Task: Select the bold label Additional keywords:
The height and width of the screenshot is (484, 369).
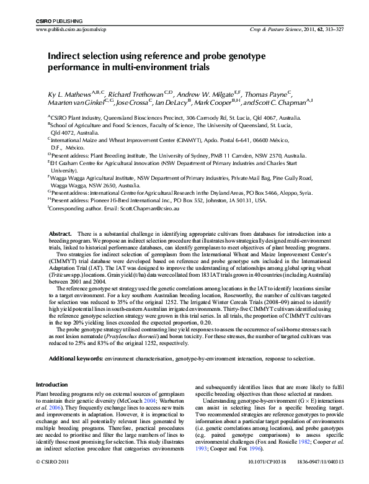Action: [x=76, y=359]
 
